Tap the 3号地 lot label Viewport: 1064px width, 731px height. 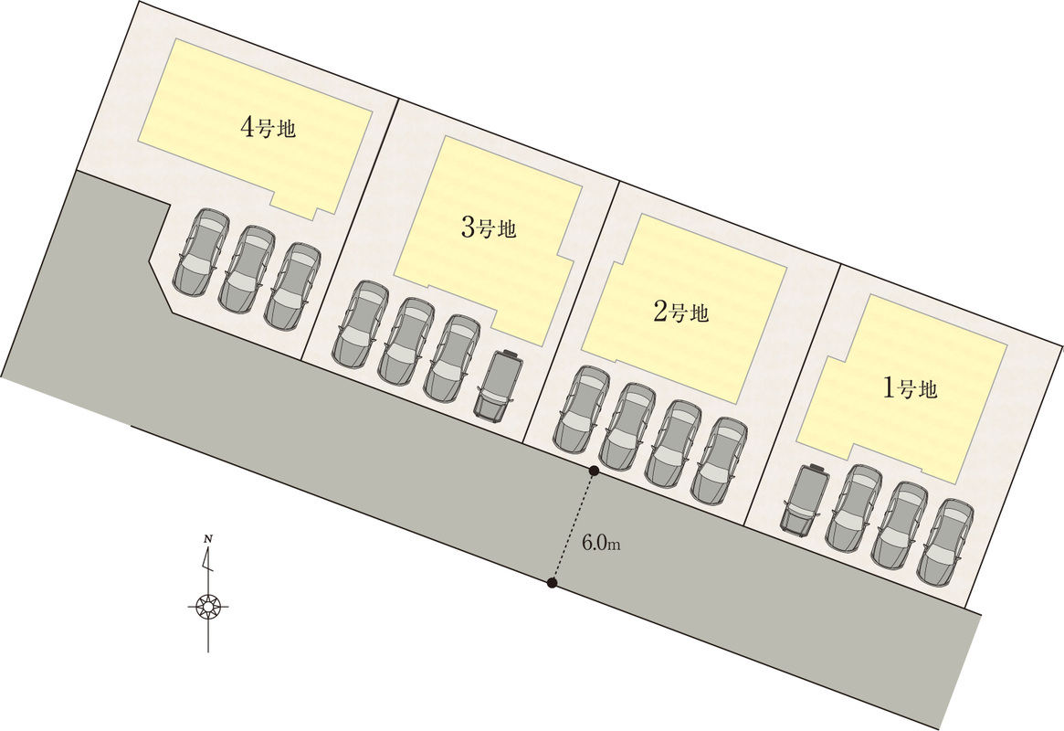click(490, 228)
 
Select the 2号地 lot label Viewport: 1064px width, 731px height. click(680, 312)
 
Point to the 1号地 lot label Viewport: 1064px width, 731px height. click(910, 387)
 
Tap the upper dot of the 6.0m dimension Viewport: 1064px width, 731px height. click(594, 471)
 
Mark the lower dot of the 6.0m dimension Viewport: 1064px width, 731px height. click(553, 582)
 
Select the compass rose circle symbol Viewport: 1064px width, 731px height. click(207, 606)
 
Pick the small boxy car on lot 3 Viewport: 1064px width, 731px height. click(499, 384)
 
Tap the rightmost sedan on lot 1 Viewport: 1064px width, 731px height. click(945, 542)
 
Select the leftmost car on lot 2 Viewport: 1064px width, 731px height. click(582, 410)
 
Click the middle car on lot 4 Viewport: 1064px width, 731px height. click(248, 269)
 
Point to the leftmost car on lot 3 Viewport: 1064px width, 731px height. click(361, 325)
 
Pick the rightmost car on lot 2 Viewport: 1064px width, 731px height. click(720, 461)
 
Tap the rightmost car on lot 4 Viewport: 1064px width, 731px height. click(292, 286)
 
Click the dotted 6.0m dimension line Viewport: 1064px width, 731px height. click(574, 526)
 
